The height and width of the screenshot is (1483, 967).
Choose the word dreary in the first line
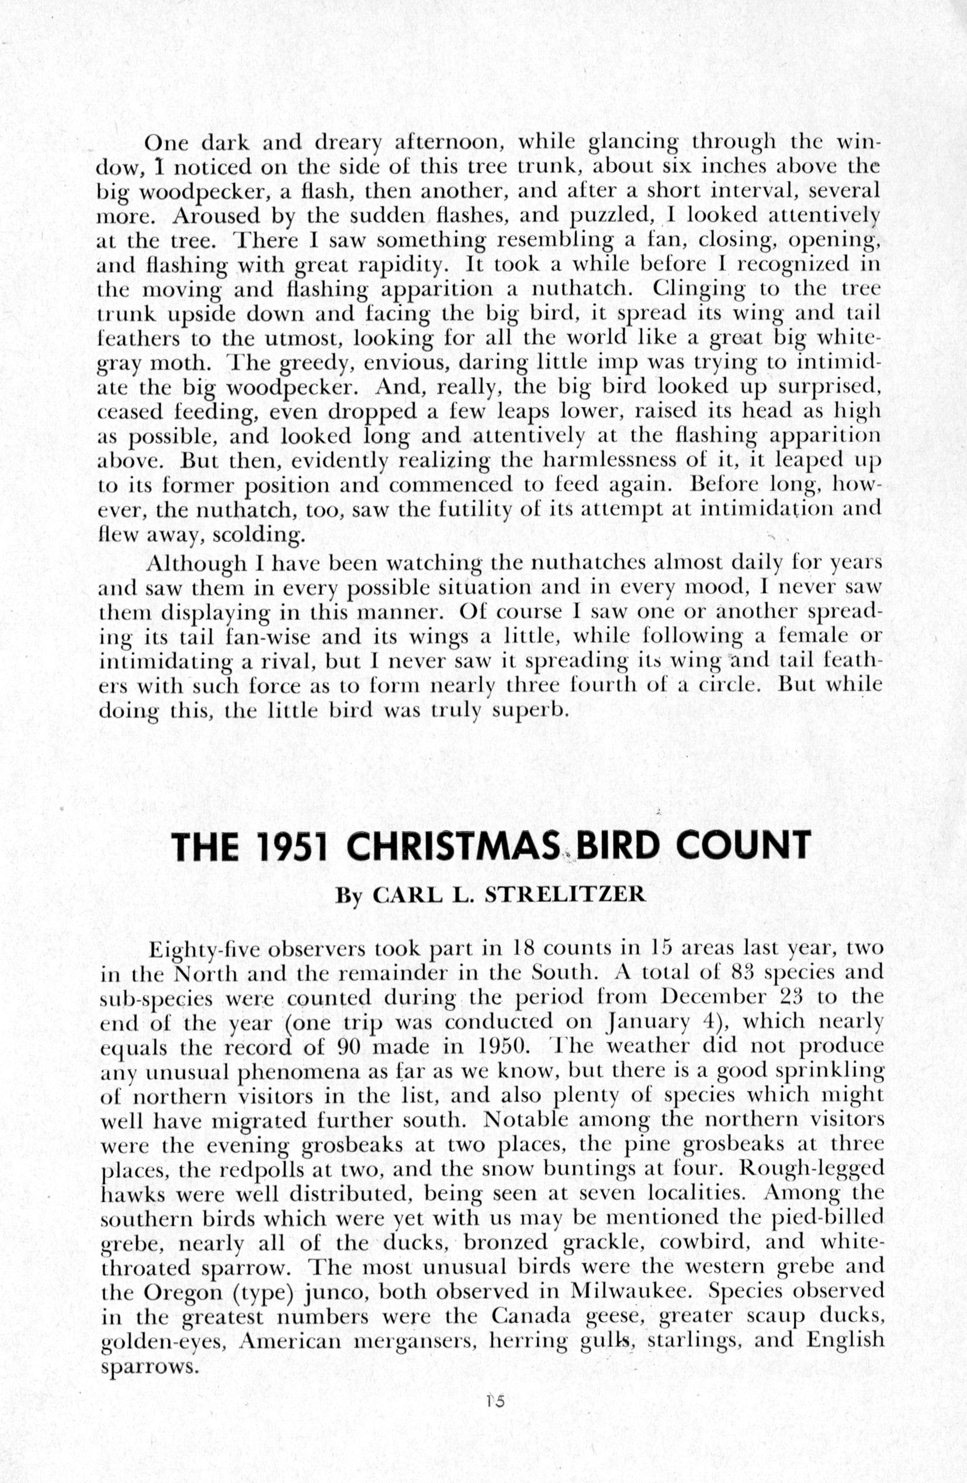tap(348, 143)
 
